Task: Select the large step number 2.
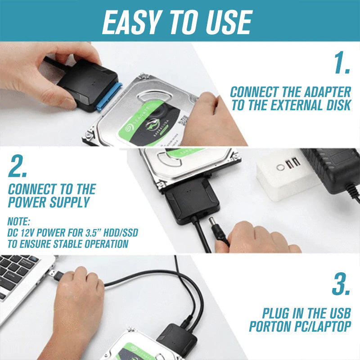pyautogui.click(x=18, y=167)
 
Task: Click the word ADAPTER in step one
pyautogui.click(x=326, y=92)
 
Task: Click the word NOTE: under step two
pyautogui.click(x=18, y=221)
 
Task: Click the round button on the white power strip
pyautogui.click(x=281, y=167)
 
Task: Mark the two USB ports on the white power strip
pyautogui.click(x=292, y=162)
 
